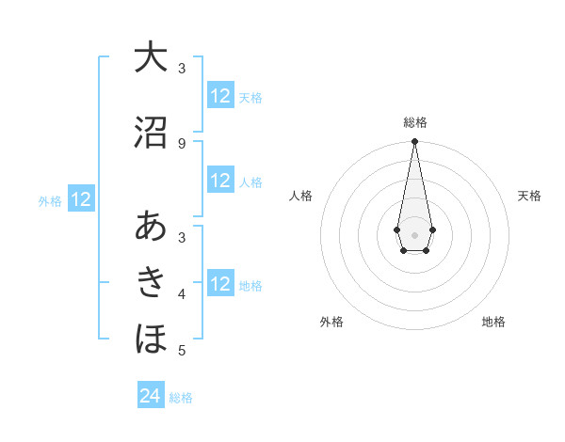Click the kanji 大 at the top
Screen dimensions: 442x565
151,56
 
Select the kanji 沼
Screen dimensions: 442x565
151,132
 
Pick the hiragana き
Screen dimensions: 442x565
151,281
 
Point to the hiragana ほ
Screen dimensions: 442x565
151,338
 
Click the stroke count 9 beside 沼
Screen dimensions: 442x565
182,143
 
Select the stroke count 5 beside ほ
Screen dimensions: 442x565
182,351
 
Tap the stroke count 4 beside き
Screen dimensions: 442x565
182,294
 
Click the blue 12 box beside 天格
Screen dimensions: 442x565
220,96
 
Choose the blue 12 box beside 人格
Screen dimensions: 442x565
220,181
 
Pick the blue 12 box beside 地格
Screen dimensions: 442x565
220,284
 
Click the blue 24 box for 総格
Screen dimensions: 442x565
151,396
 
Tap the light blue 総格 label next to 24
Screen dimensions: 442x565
181,398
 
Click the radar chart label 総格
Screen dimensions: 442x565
414,122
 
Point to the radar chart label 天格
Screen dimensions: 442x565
530,196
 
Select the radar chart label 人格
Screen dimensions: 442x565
300,196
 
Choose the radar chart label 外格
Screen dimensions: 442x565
331,322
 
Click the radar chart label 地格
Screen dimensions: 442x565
493,322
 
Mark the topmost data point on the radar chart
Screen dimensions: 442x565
414,142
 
